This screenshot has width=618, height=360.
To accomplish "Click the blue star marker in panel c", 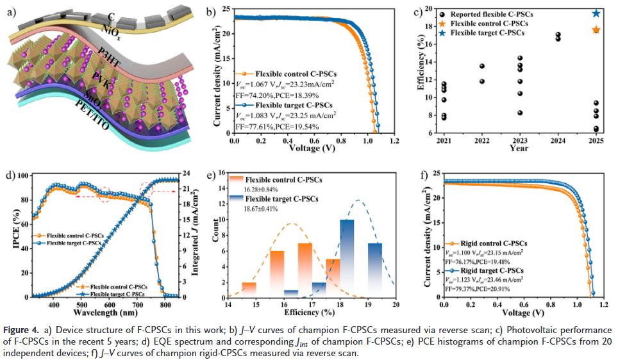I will click(596, 13).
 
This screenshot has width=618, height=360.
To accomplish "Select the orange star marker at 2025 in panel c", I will click(596, 29).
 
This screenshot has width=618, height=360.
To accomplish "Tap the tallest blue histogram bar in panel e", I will click(347, 258).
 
